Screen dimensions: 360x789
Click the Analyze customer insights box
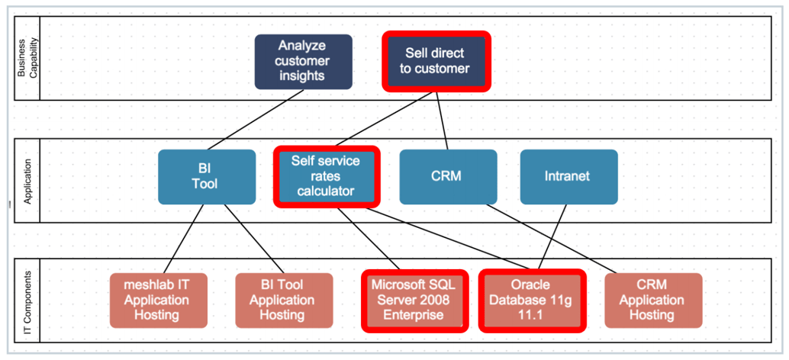pyautogui.click(x=303, y=62)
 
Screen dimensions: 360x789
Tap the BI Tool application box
pyautogui.click(x=207, y=177)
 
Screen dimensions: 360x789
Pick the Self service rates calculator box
pyautogui.click(x=326, y=176)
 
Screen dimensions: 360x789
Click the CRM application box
pyautogui.click(x=448, y=177)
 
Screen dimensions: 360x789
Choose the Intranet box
pyautogui.click(x=568, y=177)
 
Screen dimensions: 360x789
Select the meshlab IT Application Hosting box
pyautogui.click(x=158, y=301)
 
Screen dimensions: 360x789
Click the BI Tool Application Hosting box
pyautogui.click(x=283, y=301)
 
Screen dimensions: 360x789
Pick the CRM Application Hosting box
pyautogui.click(x=652, y=301)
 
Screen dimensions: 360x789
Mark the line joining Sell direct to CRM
pyautogui.click(x=441, y=121)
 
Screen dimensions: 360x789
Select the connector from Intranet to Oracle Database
pyautogui.click(x=556, y=236)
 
